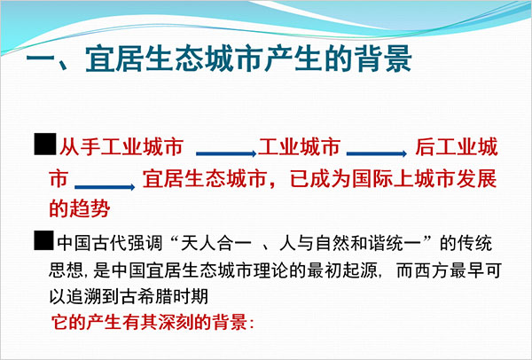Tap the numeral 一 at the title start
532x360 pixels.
click(41, 61)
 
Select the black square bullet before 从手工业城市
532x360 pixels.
click(45, 144)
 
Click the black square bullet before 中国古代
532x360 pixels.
click(43, 240)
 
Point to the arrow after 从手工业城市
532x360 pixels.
click(226, 153)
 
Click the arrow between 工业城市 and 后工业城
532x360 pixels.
click(377, 153)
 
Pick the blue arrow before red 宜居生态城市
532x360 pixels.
click(105, 187)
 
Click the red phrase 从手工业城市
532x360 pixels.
click(121, 147)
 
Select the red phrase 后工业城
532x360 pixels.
click(457, 147)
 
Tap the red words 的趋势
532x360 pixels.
click(80, 207)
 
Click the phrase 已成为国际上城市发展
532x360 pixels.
click(394, 179)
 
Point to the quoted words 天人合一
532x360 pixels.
click(216, 243)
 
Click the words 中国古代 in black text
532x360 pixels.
click(92, 243)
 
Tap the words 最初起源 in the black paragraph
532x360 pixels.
click(342, 270)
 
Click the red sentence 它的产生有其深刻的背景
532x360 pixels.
click(149, 322)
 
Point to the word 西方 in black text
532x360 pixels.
click(431, 270)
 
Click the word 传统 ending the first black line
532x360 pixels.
click(474, 243)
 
